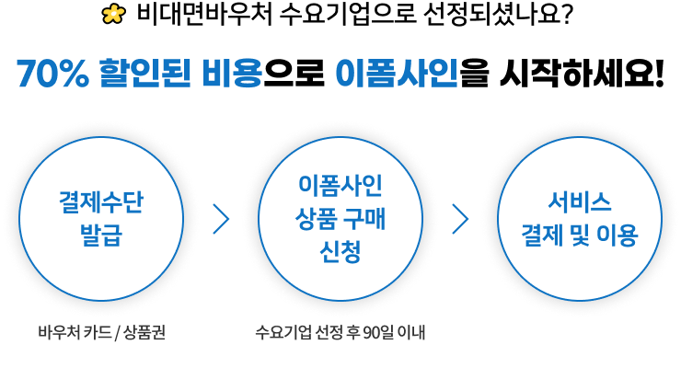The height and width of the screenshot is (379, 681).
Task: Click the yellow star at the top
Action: point(113,14)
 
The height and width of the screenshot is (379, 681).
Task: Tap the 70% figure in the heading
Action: point(52,74)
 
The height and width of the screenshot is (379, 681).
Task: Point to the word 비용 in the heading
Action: point(232,74)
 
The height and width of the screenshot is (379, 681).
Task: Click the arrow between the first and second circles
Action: point(221,219)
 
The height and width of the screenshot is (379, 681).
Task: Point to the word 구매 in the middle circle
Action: point(369,218)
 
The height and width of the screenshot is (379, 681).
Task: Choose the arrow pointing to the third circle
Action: point(461,219)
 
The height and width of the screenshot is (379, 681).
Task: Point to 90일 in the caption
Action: point(375,331)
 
